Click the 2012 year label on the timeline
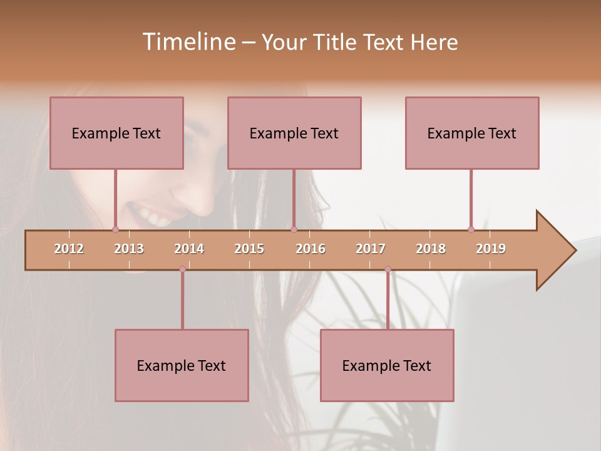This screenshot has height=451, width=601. point(69,249)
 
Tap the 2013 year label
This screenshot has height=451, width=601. point(129,249)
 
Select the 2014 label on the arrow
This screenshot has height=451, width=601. point(189,249)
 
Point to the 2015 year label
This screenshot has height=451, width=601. point(249,249)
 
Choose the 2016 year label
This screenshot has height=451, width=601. point(311,249)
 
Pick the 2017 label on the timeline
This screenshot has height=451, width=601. point(371,249)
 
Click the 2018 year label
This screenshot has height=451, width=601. point(431,249)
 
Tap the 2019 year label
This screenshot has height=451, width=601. point(491,249)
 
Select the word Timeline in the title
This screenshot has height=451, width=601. point(188,41)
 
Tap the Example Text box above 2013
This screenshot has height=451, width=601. point(116,133)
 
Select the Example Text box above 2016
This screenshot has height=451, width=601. point(294,133)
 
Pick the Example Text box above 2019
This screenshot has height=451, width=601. point(472,133)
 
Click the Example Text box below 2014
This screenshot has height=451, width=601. point(182,365)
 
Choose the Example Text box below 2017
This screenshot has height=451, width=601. point(387,365)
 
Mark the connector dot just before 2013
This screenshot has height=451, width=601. point(115,229)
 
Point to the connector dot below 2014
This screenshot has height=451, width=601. point(182,269)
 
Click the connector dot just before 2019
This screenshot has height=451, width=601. point(471,229)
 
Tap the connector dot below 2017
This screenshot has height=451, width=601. point(388,269)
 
